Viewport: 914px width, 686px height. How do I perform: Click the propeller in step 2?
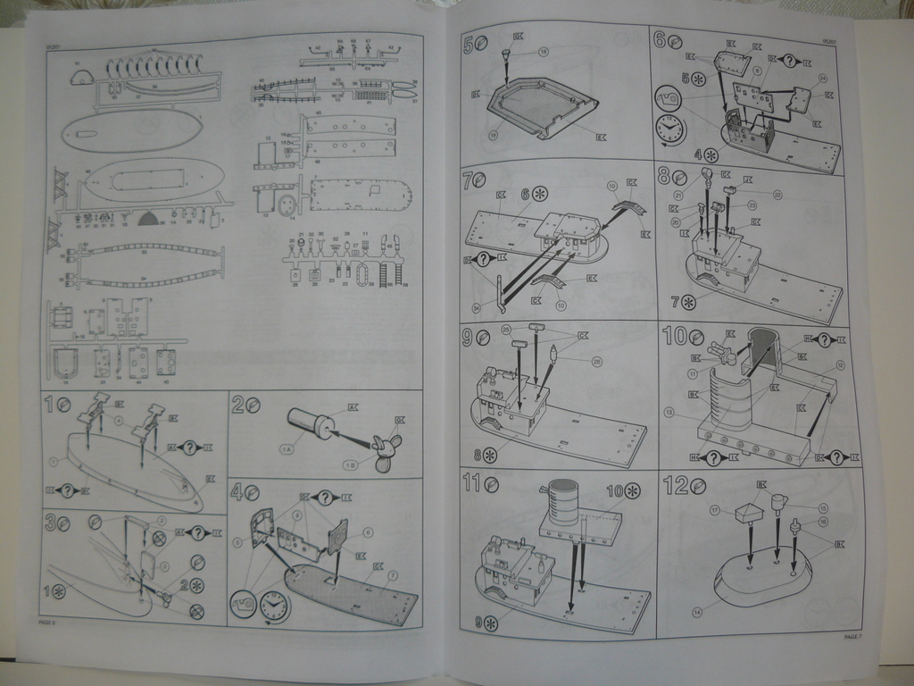(x=387, y=449)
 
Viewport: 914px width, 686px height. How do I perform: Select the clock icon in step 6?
(x=669, y=130)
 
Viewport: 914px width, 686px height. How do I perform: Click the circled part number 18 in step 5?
(x=544, y=53)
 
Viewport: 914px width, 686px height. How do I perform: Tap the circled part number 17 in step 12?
(x=715, y=510)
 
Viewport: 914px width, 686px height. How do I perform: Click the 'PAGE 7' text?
(x=852, y=636)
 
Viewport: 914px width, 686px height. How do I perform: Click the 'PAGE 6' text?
(x=47, y=622)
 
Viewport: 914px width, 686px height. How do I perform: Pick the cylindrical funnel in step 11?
(x=561, y=500)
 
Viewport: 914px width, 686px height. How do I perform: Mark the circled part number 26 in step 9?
(x=597, y=362)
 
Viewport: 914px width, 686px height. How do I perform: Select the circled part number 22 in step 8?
(x=777, y=195)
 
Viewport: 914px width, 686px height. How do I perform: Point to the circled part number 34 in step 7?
(x=477, y=308)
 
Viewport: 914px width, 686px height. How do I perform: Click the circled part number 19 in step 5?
(x=492, y=136)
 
